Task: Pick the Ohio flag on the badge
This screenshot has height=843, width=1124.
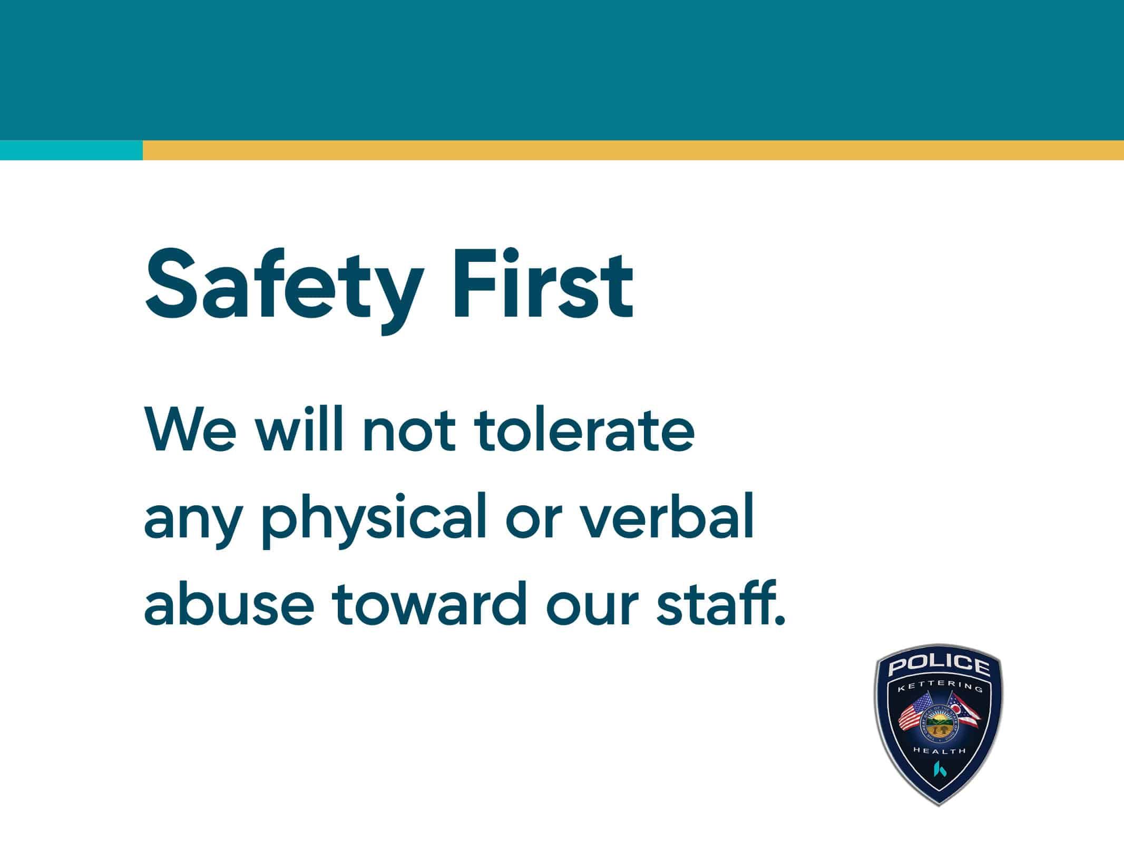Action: (x=963, y=713)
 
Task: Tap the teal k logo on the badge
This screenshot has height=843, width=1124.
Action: (x=939, y=769)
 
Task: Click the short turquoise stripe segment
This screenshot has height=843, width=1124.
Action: (x=71, y=150)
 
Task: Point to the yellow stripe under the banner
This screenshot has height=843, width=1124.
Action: (x=632, y=150)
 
